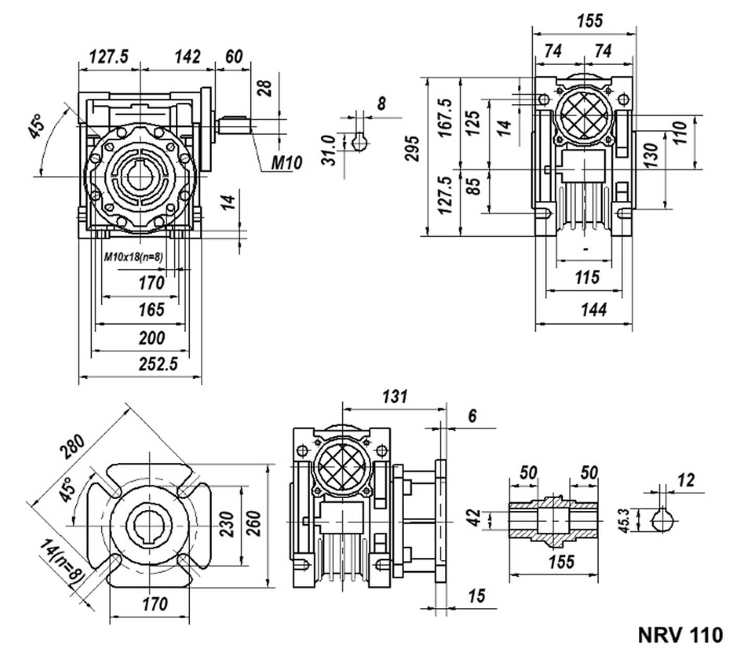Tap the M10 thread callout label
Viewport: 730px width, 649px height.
pos(286,163)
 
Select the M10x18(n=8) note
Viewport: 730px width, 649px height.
pos(133,257)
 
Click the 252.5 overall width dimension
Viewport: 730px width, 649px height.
pos(158,364)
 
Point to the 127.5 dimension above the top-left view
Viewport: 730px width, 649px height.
pos(108,57)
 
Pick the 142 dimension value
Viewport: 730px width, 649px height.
pos(187,57)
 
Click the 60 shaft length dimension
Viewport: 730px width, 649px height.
pos(234,57)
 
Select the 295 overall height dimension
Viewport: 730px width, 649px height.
pos(411,148)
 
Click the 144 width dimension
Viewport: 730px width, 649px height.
pos(594,310)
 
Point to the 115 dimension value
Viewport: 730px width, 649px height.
pos(587,277)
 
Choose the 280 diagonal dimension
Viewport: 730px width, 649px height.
pos(72,447)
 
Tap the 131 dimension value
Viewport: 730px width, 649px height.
pos(395,397)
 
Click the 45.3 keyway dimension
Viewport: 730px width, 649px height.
pos(623,521)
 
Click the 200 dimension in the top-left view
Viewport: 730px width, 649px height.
pos(152,338)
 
